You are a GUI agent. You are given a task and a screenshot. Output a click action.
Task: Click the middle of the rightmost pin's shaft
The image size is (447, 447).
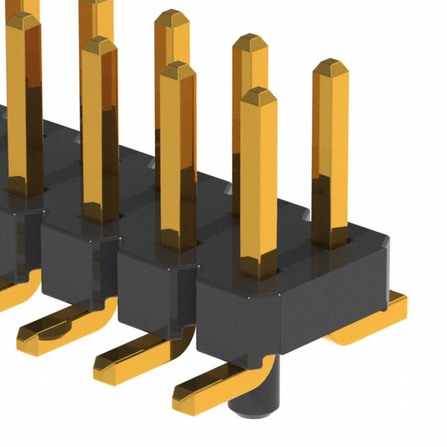(x=330, y=154)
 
